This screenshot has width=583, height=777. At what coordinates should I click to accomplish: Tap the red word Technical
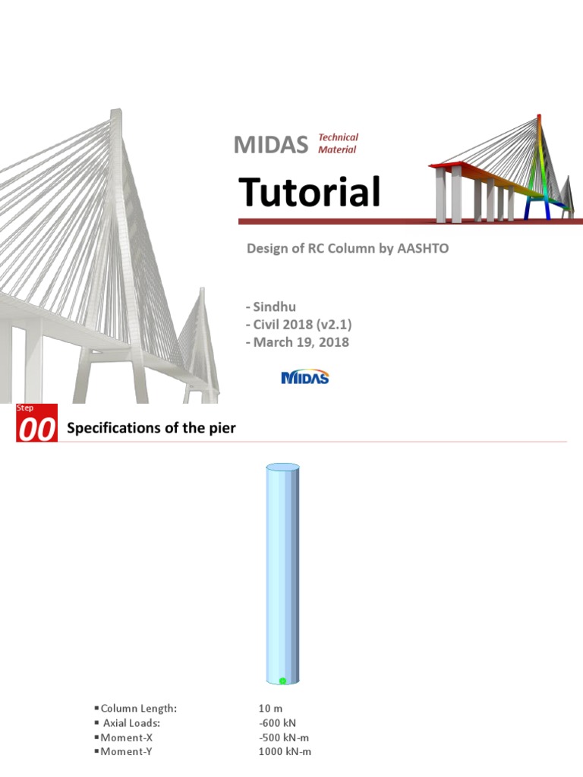point(338,137)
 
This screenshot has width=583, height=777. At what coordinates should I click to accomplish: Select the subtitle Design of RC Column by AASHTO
point(348,249)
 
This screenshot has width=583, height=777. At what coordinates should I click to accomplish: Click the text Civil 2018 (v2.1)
point(298,324)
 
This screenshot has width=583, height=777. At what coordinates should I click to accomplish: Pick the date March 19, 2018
point(298,342)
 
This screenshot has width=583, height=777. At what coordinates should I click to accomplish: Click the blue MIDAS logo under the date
point(305,377)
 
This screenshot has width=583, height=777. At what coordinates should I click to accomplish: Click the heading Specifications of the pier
point(152,428)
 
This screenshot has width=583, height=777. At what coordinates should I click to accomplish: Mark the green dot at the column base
point(282,681)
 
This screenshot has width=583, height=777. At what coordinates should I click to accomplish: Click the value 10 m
point(270,709)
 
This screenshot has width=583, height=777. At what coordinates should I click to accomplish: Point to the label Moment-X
point(130,738)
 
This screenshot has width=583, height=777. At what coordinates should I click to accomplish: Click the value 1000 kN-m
point(285,752)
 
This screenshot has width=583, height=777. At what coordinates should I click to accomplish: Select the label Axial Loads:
point(134,723)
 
